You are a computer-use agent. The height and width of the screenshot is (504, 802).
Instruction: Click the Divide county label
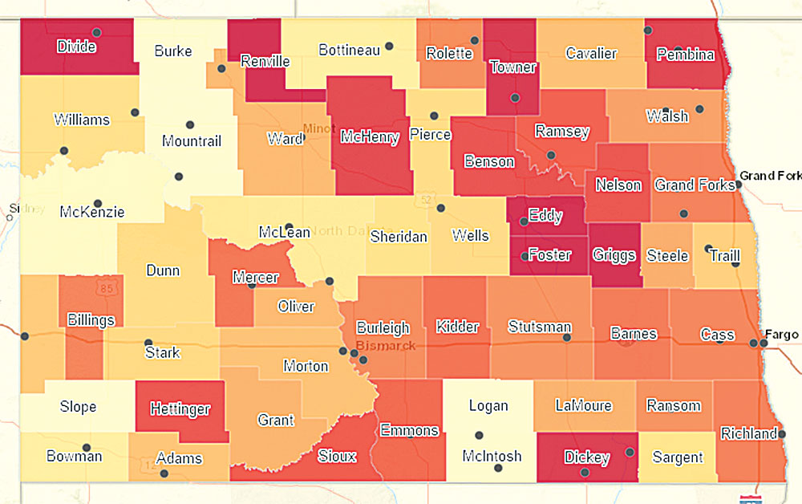[x=76, y=47]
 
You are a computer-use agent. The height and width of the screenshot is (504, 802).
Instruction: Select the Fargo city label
[x=782, y=334]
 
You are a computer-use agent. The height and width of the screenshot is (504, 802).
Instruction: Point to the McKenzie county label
[x=92, y=213]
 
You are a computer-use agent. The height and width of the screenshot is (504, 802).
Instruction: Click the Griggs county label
[x=614, y=256]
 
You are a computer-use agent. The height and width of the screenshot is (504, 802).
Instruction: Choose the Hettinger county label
[x=180, y=409]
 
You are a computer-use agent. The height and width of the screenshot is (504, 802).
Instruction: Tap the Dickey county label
[x=587, y=457]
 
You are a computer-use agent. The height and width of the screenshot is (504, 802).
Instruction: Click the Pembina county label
[x=685, y=55]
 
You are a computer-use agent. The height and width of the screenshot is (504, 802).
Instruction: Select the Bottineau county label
[x=349, y=51]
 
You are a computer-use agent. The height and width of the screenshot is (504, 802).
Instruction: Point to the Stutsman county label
[x=540, y=327]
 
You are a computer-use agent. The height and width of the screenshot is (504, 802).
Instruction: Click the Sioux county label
[x=337, y=455]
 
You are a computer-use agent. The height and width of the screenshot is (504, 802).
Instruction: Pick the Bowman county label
[x=73, y=456]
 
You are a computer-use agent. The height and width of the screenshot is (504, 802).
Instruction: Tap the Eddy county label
[x=545, y=217]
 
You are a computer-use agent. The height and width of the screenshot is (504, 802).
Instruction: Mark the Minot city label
[x=318, y=128]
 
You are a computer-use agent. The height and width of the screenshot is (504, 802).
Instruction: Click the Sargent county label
[x=678, y=457]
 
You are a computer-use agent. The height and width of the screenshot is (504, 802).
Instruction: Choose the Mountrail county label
[x=191, y=141]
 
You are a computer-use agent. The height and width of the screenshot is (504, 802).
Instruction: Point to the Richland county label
[x=748, y=434]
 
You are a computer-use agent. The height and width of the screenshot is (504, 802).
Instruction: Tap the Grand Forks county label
[x=695, y=185]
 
